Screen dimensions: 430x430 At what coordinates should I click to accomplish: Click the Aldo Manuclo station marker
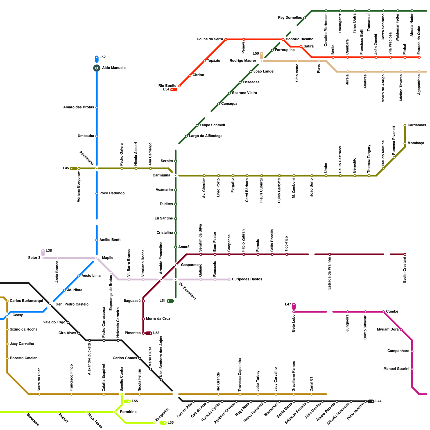97,68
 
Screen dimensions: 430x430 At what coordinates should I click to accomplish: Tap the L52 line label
103,57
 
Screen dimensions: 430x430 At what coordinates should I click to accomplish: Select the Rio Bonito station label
167,86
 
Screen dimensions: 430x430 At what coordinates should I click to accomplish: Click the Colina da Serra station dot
226,40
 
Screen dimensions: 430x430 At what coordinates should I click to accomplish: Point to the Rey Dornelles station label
290,18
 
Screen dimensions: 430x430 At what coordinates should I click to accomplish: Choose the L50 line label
256,53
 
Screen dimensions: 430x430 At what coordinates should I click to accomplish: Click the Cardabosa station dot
405,126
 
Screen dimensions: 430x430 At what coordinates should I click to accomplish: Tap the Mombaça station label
416,143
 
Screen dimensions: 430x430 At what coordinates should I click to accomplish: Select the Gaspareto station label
190,265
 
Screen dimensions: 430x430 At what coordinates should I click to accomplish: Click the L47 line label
288,304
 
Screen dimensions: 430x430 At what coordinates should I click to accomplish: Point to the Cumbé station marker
384,312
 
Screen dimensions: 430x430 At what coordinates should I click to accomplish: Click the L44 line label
378,401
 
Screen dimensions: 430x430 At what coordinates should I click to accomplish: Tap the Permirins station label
128,412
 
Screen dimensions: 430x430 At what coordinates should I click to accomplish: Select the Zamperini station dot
154,423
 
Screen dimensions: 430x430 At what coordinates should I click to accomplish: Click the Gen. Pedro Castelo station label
72,304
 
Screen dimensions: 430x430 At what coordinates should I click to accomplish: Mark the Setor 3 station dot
43,258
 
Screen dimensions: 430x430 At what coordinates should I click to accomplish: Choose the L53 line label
156,333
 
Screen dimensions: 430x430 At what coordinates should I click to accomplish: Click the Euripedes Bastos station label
247,279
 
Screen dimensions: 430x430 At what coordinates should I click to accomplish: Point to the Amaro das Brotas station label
78,107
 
